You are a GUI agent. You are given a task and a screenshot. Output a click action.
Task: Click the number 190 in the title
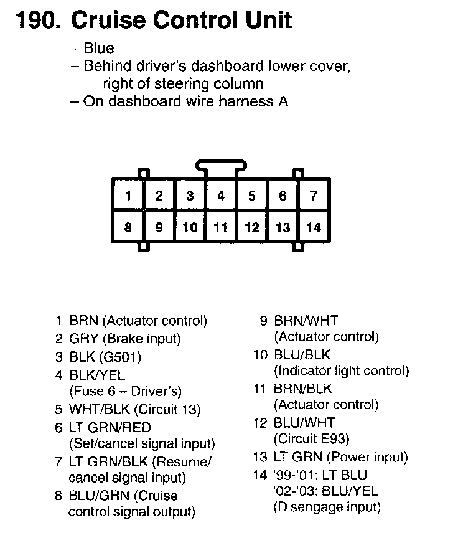point(36,20)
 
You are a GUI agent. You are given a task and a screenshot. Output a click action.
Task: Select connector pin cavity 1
point(128,196)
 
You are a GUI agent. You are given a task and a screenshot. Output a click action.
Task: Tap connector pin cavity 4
point(221,196)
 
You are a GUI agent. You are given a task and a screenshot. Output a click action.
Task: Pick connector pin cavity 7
point(314,196)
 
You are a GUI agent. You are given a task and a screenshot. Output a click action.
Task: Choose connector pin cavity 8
point(128,227)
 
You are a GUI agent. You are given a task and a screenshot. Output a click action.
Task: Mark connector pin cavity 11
point(221,227)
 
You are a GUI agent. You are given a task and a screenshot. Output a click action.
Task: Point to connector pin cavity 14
point(314,227)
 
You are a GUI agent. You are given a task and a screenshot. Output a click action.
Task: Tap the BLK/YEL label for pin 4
point(97,375)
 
